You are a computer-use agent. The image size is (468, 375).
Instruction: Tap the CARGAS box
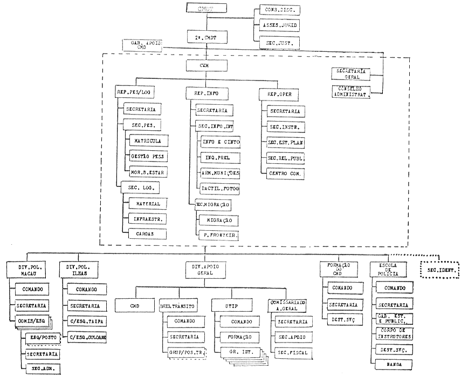pyautogui.click(x=147, y=234)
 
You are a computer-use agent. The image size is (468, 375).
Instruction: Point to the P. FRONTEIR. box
pyautogui.click(x=217, y=236)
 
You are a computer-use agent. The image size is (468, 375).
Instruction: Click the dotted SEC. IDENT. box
pyautogui.click(x=439, y=269)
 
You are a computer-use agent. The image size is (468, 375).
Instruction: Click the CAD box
pyautogui.click(x=134, y=305)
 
